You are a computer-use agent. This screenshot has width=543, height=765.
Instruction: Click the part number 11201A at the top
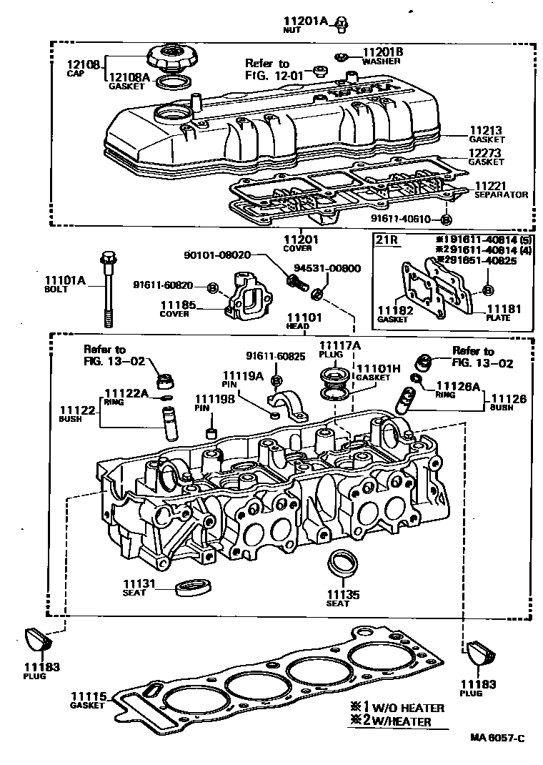coord(308,22)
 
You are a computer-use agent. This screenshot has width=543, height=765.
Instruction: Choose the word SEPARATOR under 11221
coord(501,194)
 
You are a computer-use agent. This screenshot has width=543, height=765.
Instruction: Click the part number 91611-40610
coord(401,219)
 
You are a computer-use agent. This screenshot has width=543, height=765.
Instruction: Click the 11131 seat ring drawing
coord(194,586)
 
